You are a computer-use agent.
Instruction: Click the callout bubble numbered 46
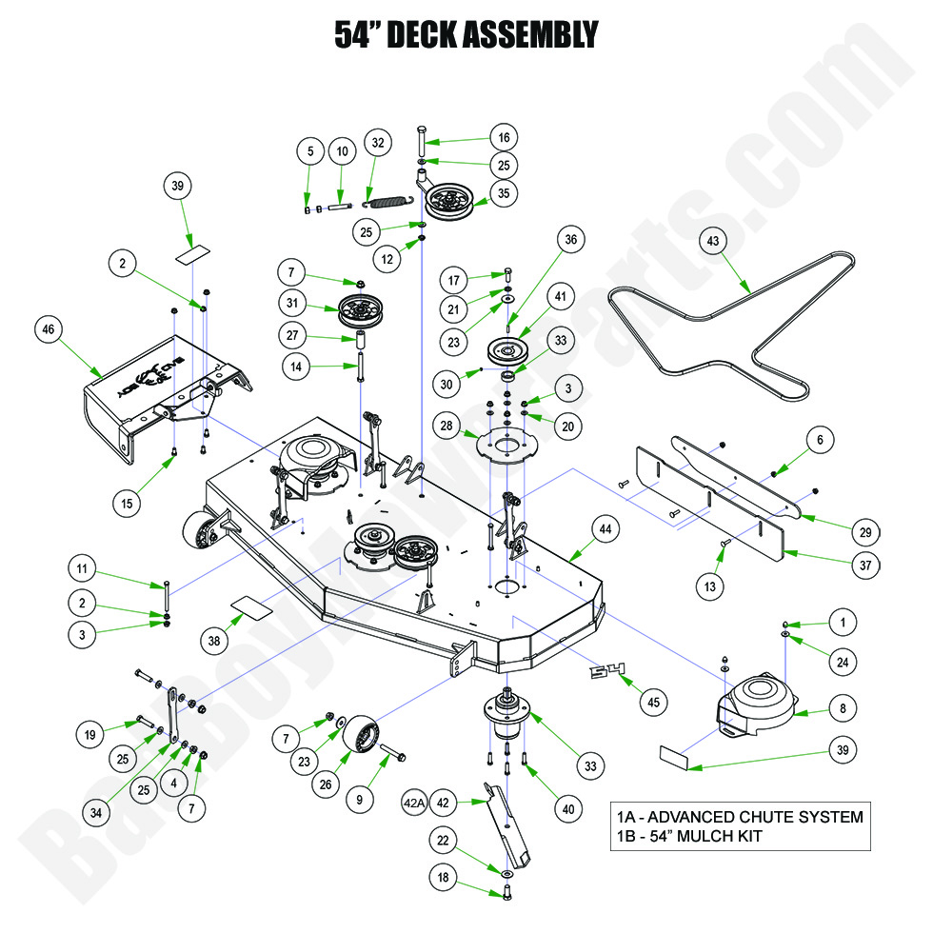[x=49, y=330]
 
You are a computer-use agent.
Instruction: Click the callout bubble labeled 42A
[x=414, y=803]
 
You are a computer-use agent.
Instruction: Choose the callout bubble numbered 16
[x=505, y=136]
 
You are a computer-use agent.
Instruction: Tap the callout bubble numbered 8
[x=843, y=707]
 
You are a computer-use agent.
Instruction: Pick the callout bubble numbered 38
[x=214, y=641]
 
